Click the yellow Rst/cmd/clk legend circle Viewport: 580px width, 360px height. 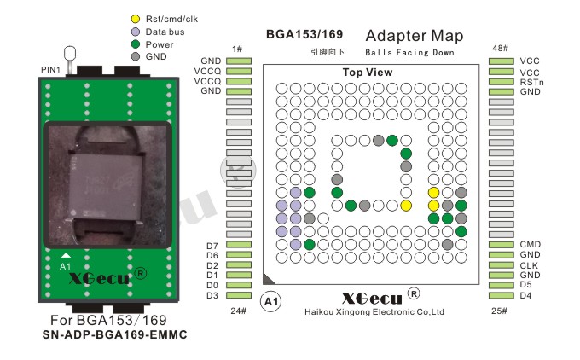[136, 19]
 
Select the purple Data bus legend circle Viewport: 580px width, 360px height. [136, 32]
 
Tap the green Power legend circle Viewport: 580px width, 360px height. [136, 44]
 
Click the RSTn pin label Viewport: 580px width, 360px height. [531, 82]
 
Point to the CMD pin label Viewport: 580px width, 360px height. [530, 244]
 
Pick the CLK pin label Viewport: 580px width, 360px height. [529, 265]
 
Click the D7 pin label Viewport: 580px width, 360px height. [212, 246]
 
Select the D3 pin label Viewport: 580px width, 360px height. [212, 295]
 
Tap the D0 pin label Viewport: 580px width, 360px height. [212, 285]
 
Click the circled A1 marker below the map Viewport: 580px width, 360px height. [270, 302]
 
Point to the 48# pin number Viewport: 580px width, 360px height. [500, 48]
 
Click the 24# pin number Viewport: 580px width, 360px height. [239, 311]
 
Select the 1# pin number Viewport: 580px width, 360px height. [237, 49]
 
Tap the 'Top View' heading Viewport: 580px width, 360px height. [368, 73]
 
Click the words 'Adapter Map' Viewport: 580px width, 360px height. [415, 36]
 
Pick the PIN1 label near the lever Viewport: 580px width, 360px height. [50, 70]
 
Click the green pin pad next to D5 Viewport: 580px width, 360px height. [502, 285]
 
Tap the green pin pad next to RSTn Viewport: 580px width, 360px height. [502, 82]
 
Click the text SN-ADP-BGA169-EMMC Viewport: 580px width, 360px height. [114, 335]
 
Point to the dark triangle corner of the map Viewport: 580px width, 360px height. [267, 280]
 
